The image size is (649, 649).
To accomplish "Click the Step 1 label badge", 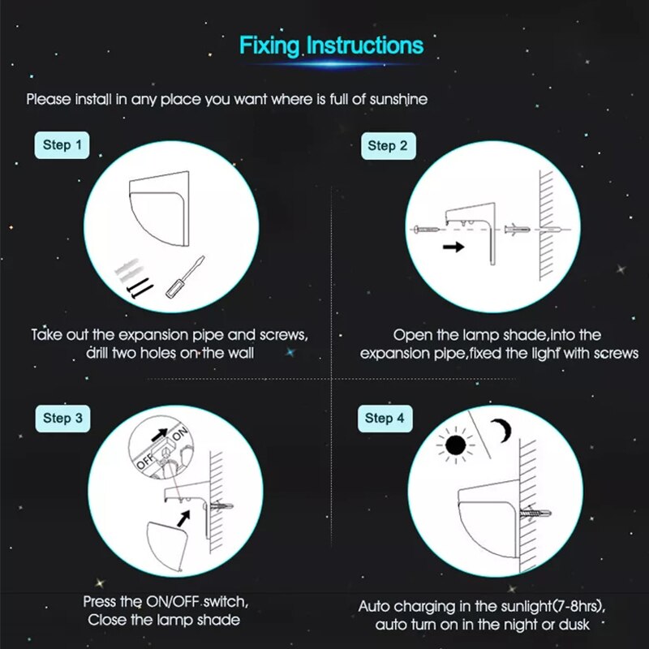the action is [62, 145].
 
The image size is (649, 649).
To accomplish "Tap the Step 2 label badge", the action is [389, 146].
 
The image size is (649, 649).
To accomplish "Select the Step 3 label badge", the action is [62, 419].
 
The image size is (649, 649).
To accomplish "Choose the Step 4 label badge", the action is [385, 419].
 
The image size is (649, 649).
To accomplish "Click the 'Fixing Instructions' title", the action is [331, 45].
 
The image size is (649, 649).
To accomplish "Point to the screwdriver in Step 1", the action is [185, 277].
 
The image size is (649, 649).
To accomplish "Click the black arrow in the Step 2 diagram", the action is [453, 247].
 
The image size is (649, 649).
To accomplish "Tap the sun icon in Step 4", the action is [455, 445].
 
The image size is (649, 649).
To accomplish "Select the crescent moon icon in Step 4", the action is [502, 431].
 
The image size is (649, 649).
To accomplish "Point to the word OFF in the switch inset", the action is [145, 461].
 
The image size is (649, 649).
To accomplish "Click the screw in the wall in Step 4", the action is [535, 514].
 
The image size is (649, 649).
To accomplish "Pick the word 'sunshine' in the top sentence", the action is [398, 99].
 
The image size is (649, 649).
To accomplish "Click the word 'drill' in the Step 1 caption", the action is [97, 353].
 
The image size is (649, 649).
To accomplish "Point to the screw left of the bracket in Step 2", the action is [427, 230].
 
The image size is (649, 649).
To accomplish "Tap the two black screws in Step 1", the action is [140, 288].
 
